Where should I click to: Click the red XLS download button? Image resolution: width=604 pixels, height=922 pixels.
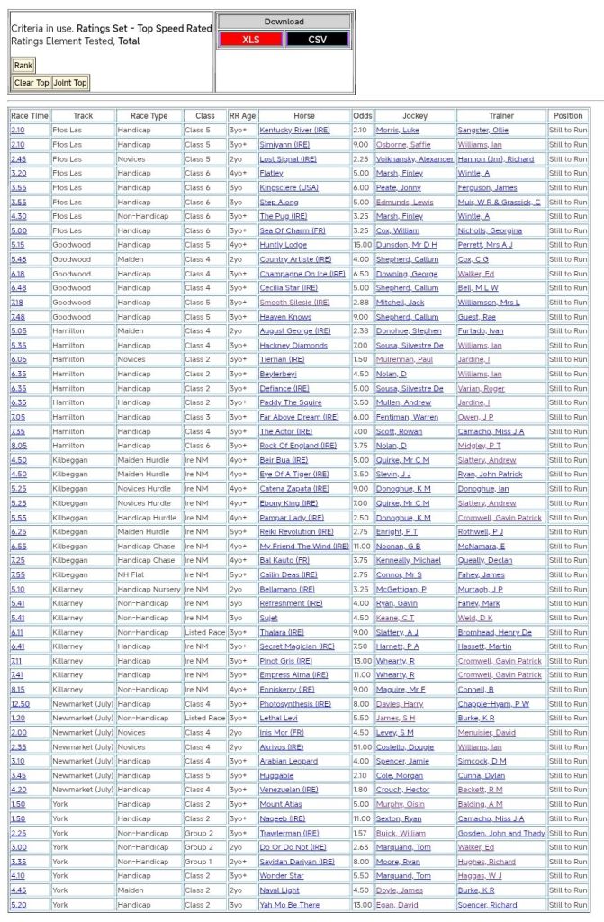point(250,39)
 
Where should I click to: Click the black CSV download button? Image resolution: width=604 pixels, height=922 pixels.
point(317,39)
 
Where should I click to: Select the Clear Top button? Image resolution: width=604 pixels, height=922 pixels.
point(32,83)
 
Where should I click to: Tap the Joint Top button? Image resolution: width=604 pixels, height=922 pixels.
point(69,83)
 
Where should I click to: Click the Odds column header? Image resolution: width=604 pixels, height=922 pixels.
point(362,116)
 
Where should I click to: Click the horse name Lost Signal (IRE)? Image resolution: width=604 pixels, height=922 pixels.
point(288,159)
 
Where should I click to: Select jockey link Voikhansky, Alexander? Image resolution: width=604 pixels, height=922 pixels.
point(414,159)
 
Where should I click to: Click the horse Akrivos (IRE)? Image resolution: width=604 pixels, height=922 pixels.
point(282,746)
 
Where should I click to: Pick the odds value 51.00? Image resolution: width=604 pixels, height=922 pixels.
point(362,746)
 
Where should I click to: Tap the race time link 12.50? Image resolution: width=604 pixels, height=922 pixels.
point(20,703)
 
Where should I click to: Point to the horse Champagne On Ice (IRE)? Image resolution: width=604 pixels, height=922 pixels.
point(302,274)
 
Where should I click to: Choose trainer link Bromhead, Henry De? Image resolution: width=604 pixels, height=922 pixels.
point(495,632)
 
